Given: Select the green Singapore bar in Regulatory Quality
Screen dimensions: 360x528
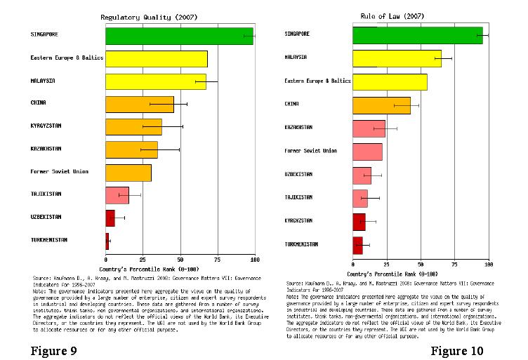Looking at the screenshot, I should [179, 36].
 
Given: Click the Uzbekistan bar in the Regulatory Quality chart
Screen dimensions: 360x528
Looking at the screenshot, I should [110, 218].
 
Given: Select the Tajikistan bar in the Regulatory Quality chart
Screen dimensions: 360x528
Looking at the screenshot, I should [117, 195].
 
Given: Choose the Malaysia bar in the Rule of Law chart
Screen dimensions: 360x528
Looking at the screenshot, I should [397, 58].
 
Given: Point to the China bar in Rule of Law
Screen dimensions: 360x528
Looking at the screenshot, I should [381, 105].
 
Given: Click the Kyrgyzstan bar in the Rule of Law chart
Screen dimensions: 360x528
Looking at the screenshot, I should [359, 222].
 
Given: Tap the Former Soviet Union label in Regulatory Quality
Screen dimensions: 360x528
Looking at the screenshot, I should [60, 171].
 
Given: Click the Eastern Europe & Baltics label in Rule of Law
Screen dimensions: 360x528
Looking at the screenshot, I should [317, 81].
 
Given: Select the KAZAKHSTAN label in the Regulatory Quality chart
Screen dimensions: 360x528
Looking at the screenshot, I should [46, 149].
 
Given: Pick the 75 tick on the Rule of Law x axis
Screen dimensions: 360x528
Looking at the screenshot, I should [454, 264].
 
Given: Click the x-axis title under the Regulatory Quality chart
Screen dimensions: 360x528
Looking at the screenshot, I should [143, 269].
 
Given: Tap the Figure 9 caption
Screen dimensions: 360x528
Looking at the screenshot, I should [54, 351].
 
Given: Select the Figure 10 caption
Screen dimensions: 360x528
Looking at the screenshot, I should [457, 350].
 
